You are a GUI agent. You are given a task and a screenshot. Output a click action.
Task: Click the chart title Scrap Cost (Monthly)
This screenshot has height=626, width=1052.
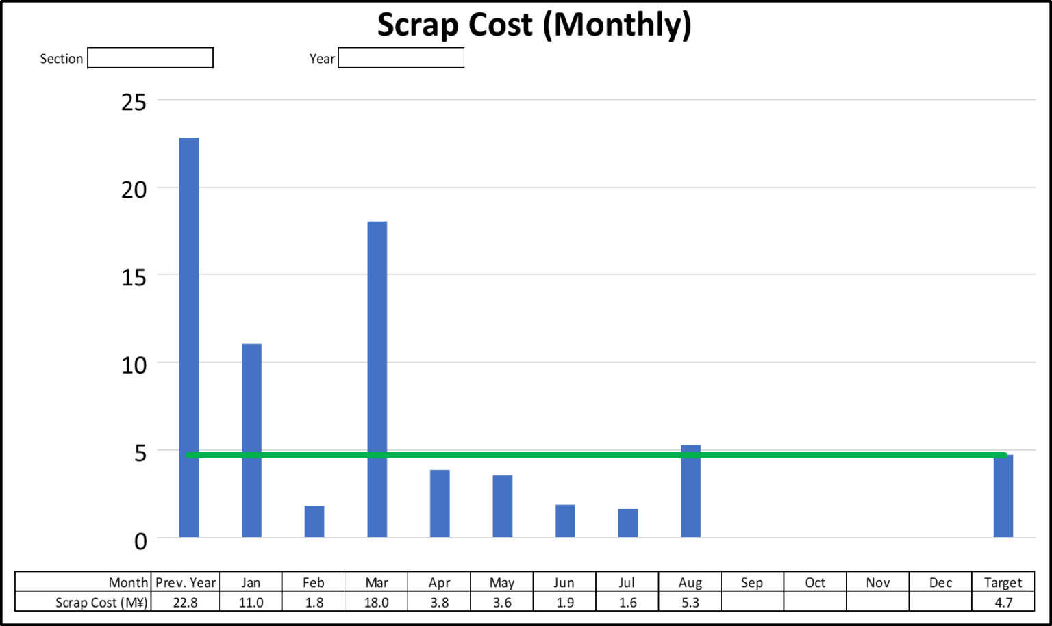pos(534,25)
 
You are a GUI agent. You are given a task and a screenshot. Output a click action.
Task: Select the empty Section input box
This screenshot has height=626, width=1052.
pos(151,58)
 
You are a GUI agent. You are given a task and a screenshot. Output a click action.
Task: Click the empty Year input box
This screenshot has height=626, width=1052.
pos(401,58)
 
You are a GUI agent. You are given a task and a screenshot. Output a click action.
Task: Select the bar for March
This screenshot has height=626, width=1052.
pos(377,379)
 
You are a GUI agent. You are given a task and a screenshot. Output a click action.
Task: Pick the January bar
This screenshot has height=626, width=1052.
pos(251,441)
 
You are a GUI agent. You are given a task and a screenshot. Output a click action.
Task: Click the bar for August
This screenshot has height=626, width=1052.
pos(690,491)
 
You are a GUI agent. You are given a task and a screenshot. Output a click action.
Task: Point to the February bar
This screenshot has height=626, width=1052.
pos(314,521)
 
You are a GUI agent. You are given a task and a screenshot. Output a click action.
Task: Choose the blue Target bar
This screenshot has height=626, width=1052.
pos(1003,497)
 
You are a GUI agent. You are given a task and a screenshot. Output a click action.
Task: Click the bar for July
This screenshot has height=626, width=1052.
pos(627,523)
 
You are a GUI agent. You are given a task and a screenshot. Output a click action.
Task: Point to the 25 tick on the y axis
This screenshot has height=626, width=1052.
pos(134,103)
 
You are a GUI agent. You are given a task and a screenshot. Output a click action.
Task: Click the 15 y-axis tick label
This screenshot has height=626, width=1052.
pos(134,277)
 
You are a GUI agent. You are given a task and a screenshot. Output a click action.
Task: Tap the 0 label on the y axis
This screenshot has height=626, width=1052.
pos(140,542)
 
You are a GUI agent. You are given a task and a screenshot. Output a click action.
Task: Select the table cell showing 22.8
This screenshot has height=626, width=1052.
pos(186,603)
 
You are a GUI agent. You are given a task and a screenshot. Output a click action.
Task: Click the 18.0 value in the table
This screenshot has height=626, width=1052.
pos(377,603)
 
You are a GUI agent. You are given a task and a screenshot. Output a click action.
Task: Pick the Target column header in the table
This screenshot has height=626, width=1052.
pos(1003,582)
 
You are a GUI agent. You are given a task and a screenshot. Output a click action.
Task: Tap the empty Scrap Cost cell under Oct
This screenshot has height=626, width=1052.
pos(815,603)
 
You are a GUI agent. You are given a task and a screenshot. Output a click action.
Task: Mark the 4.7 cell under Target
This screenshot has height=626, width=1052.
pos(1003,603)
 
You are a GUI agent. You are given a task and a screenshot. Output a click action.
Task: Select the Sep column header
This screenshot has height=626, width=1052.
pos(752,582)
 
